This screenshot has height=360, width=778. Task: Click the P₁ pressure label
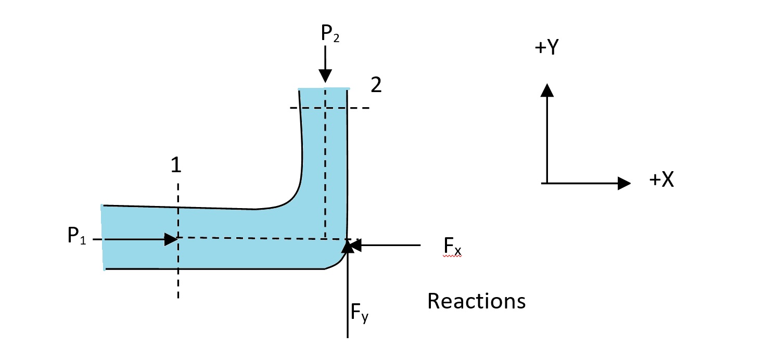pos(76,237)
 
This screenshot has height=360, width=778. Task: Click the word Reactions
pos(476,301)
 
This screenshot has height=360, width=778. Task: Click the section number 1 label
pos(176,165)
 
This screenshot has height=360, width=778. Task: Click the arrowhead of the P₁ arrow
pos(172,239)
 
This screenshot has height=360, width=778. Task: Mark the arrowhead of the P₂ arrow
pos(325,76)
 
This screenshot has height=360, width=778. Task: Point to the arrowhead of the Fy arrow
pos(347,247)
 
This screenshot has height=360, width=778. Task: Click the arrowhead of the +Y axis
pos(546,89)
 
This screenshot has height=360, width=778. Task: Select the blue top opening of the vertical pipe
pos(323,89)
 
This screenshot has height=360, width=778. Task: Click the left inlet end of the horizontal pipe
pos(103,237)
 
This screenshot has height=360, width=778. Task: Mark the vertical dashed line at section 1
pos(178,281)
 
